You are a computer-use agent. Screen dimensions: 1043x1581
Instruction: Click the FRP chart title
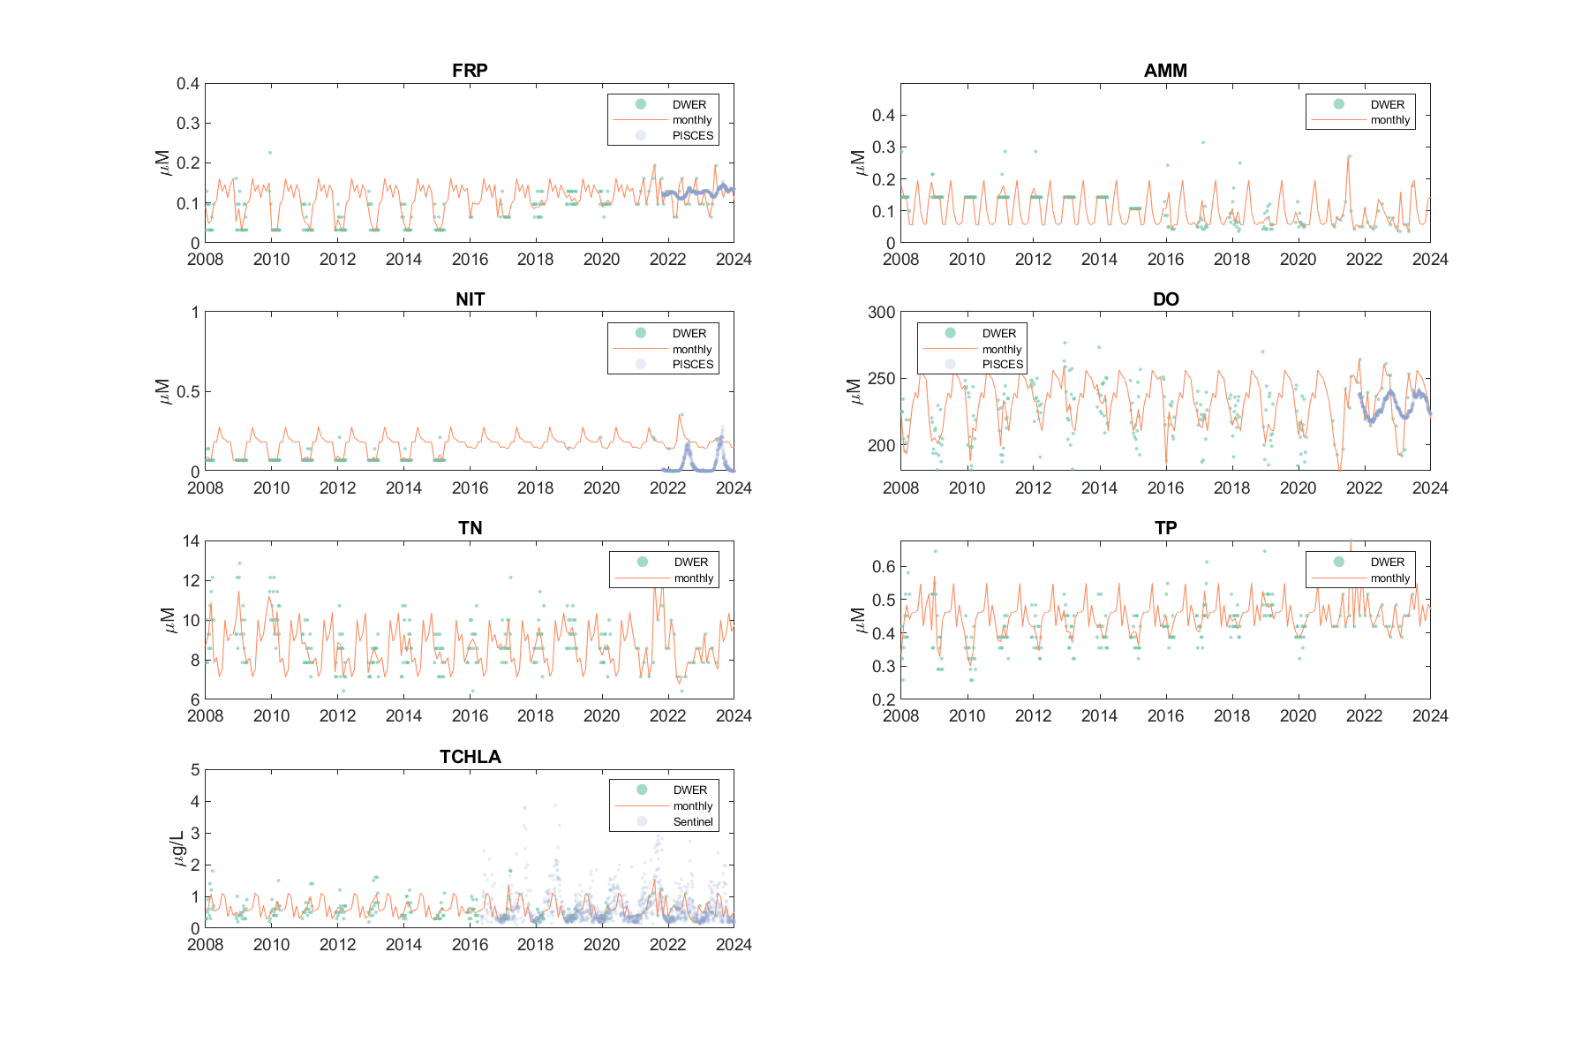(470, 71)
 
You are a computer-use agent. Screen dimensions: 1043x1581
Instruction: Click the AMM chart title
(1165, 71)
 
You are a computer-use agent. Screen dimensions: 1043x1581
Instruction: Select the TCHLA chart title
(470, 757)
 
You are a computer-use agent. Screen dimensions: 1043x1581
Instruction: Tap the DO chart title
(1165, 299)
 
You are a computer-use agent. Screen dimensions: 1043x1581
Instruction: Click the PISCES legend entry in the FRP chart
(692, 135)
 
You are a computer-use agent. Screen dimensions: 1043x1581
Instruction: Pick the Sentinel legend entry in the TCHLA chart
(692, 821)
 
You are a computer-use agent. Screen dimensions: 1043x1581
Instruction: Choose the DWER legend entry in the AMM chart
(1387, 104)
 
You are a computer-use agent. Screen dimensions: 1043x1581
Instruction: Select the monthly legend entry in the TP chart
(1389, 578)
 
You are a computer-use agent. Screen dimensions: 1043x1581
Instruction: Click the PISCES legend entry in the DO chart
(1002, 364)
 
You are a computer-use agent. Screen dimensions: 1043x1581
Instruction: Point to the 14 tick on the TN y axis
(192, 541)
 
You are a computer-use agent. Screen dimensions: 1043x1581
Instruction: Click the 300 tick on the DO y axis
(881, 313)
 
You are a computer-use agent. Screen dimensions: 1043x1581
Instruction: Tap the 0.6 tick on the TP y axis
(884, 567)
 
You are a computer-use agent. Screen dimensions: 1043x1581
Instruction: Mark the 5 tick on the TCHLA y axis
(195, 770)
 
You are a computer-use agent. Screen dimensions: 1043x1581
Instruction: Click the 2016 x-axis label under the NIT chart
(470, 488)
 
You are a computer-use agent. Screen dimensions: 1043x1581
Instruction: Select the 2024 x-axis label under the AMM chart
(1429, 260)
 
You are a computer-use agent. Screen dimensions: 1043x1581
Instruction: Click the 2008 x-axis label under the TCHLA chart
(206, 945)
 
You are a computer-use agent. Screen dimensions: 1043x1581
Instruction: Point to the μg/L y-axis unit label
(177, 848)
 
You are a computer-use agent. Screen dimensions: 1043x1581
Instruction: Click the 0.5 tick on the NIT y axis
(188, 392)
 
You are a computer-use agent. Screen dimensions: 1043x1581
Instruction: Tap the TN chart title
(470, 528)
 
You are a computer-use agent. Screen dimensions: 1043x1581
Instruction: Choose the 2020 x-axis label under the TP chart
(1298, 716)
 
